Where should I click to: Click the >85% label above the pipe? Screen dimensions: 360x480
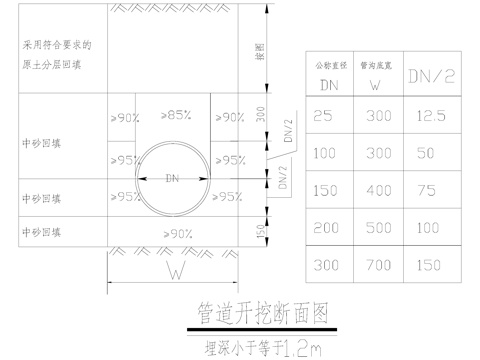tap(177, 116)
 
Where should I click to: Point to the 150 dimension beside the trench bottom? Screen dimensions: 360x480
tap(260, 231)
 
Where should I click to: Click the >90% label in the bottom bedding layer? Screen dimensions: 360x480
tap(176, 233)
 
